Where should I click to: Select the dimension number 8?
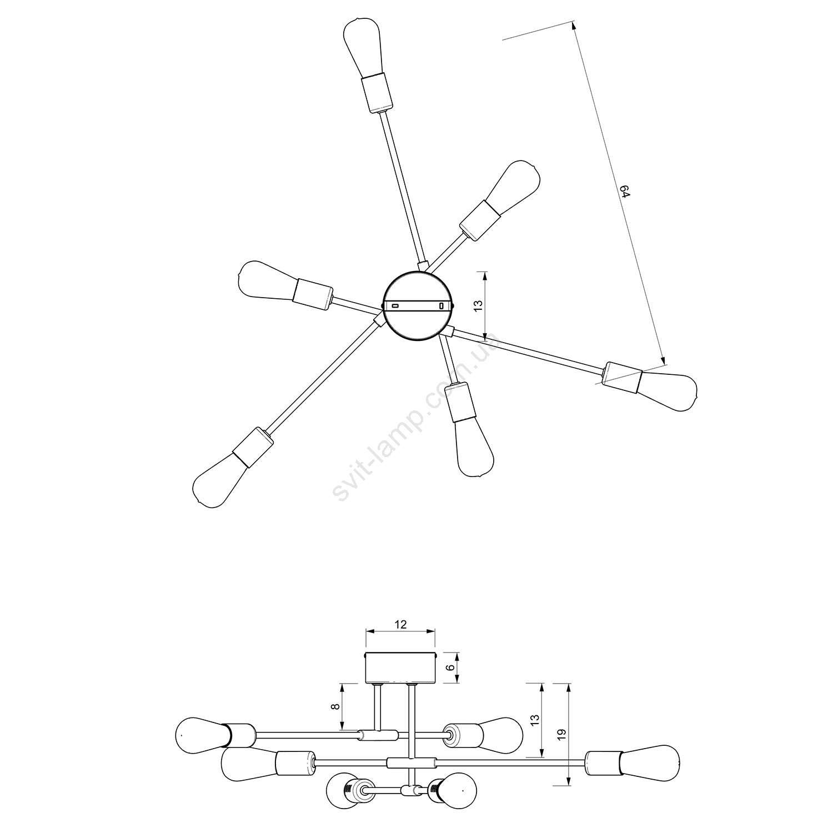(x=334, y=707)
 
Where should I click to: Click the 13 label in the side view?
(x=534, y=720)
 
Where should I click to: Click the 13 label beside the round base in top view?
(x=478, y=304)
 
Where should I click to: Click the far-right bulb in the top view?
(x=668, y=391)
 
